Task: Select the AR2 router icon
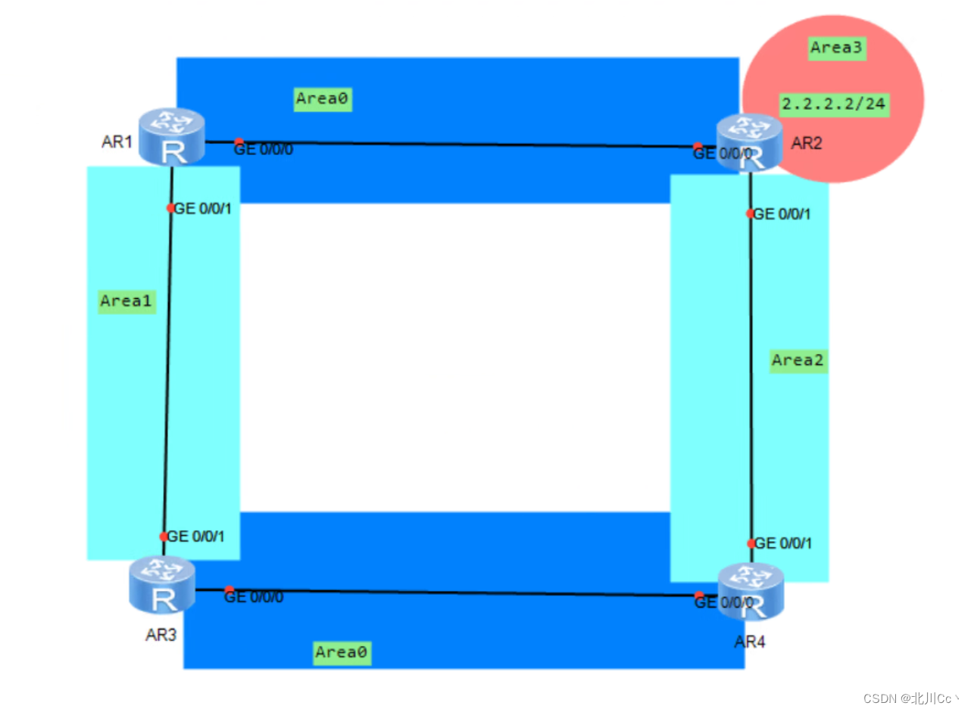coord(750,141)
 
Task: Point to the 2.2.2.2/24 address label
coord(833,104)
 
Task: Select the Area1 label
coord(127,301)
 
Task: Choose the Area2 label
coord(798,361)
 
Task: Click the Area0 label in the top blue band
coord(323,98)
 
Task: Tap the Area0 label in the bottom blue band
coord(342,651)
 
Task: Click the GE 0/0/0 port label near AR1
coord(264,150)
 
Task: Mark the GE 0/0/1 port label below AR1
coord(203,209)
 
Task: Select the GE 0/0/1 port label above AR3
coord(196,536)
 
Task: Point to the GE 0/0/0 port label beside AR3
coord(254,597)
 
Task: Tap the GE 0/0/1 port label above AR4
coord(784,543)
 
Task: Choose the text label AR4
coord(750,642)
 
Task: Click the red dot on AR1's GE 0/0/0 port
coord(239,142)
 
